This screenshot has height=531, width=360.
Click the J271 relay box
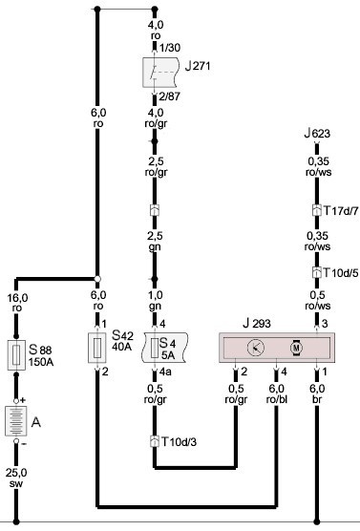(x=160, y=73)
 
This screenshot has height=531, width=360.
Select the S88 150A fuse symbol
(x=16, y=355)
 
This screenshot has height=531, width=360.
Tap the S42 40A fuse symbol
(x=96, y=348)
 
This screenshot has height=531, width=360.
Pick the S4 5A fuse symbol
(x=164, y=348)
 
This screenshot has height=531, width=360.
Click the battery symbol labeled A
(x=16, y=421)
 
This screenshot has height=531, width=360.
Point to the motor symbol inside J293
(x=296, y=348)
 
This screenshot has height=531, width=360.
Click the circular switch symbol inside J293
(x=256, y=348)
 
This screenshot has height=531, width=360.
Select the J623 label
(x=317, y=133)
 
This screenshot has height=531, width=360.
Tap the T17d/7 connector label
(x=341, y=211)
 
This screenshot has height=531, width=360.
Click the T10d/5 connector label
(x=341, y=272)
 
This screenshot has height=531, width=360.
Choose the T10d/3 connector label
(x=179, y=441)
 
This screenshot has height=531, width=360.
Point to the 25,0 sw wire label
(x=16, y=478)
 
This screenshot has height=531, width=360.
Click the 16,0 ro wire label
(x=17, y=303)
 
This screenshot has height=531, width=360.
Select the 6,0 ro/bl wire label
(x=277, y=393)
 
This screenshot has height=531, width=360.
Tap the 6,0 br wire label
(x=317, y=393)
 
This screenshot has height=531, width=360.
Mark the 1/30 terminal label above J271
(x=170, y=48)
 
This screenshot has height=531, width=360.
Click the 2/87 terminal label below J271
(x=169, y=96)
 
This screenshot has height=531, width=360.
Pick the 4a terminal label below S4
(x=165, y=372)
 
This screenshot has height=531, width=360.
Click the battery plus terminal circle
(x=16, y=401)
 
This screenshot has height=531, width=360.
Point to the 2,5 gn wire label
(x=155, y=241)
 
